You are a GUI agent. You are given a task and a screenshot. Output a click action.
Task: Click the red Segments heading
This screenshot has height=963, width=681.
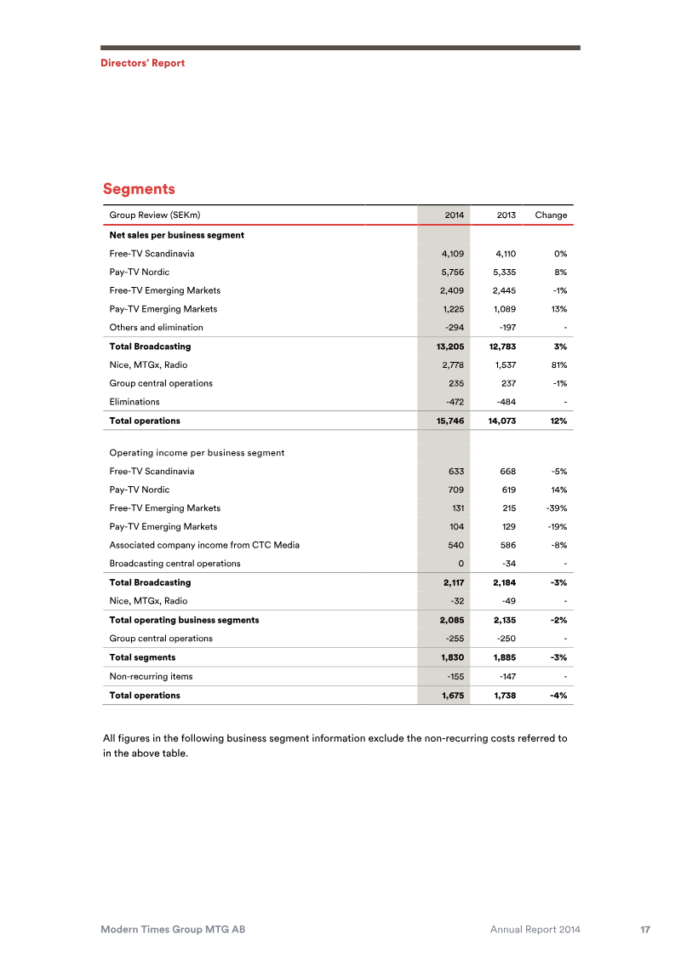[139, 188]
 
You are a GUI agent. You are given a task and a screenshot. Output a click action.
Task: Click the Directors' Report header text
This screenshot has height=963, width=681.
[142, 63]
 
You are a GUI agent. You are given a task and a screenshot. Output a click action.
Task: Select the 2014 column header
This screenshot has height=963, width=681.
[455, 215]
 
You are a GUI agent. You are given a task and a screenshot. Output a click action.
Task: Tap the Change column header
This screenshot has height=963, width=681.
[551, 215]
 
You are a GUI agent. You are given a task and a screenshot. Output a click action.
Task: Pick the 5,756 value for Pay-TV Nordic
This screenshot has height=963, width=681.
[451, 272]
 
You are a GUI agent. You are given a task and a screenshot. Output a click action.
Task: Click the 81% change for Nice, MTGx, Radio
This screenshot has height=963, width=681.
[558, 364]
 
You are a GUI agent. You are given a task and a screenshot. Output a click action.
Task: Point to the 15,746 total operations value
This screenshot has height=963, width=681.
[449, 421]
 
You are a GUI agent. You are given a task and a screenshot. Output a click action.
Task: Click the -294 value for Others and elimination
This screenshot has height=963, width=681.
[453, 327]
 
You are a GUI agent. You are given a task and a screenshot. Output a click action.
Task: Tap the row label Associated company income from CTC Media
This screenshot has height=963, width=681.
[204, 545]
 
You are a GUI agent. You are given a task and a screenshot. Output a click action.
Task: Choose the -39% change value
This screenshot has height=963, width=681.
[557, 508]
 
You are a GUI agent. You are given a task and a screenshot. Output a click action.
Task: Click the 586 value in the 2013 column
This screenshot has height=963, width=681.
[508, 545]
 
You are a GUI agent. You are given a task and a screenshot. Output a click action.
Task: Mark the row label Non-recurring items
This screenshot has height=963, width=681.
[151, 676]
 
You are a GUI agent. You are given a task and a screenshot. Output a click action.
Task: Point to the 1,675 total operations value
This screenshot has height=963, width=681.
[452, 695]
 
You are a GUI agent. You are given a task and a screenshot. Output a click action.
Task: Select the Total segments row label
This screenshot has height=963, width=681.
[142, 657]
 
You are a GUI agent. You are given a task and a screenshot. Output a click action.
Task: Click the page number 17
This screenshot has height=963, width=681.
[645, 931]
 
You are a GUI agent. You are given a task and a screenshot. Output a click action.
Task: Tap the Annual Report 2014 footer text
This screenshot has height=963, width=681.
[535, 931]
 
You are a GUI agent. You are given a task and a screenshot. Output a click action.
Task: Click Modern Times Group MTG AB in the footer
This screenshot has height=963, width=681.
[174, 931]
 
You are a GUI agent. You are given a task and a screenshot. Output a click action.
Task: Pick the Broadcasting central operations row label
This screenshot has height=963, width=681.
[175, 564]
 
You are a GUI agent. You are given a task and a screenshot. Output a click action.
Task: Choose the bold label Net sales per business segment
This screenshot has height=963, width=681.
[176, 235]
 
